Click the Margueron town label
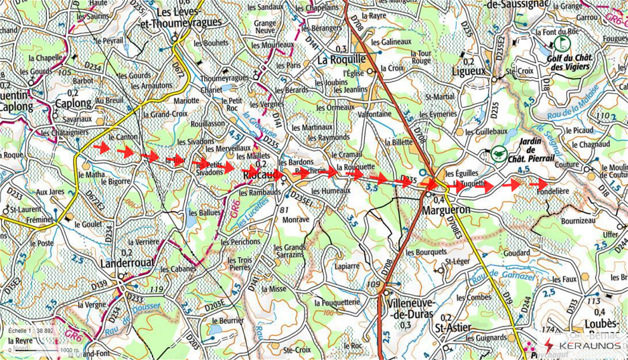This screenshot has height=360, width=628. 446,210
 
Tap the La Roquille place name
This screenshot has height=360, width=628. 341,60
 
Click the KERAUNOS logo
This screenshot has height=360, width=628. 583,346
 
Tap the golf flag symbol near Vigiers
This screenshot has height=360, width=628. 562,42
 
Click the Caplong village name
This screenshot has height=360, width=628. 73,103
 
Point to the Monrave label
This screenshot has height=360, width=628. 295,219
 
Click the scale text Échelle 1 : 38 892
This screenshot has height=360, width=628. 31,330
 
